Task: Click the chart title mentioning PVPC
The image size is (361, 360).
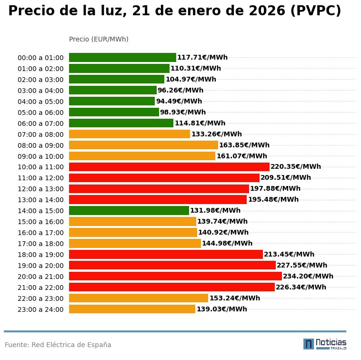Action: click(x=174, y=11)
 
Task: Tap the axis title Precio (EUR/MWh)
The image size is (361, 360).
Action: click(x=99, y=39)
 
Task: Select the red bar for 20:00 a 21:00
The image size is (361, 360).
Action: click(x=175, y=276)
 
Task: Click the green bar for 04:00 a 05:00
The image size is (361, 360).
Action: click(x=112, y=101)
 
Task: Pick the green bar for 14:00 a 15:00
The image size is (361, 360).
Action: click(x=129, y=210)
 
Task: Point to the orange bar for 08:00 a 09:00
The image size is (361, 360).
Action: click(x=143, y=145)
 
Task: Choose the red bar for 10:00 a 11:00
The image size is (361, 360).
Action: click(x=169, y=167)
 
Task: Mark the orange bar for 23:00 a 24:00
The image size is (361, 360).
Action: click(x=132, y=309)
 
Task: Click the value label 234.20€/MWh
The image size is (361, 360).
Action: click(x=308, y=276)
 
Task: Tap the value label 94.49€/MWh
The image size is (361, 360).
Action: click(x=179, y=101)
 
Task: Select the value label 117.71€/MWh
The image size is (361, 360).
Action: click(x=202, y=58)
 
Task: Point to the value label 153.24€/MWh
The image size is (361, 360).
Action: click(x=235, y=298)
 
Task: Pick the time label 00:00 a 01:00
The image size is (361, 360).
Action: click(x=40, y=58)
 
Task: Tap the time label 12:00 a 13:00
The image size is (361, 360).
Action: click(x=40, y=189)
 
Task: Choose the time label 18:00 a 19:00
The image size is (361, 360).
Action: click(x=40, y=255)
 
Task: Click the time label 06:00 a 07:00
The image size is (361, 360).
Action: click(x=40, y=123)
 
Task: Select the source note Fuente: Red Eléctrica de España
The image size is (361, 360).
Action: click(x=58, y=345)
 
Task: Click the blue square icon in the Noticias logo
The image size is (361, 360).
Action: click(x=309, y=344)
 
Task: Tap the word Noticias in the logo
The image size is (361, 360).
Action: click(x=331, y=342)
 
